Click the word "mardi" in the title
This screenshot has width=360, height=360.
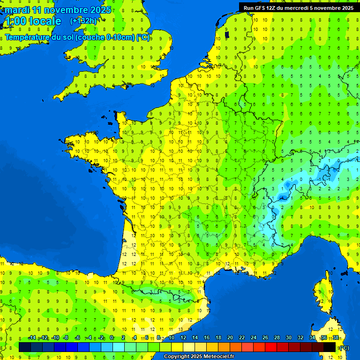(x=18, y=10)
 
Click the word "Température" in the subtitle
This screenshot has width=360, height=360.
(x=29, y=37)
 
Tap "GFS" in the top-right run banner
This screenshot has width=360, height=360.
(x=262, y=7)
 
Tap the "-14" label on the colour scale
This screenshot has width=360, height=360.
(x=32, y=337)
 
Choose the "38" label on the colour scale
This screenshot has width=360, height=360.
(x=336, y=337)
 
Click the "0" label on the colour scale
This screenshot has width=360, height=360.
(x=112, y=337)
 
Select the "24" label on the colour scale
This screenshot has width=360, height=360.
(x=254, y=337)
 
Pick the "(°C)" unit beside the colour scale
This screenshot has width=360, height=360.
(x=344, y=347)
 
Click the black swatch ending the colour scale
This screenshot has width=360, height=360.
(x=330, y=347)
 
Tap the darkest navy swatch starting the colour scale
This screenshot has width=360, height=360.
(x=25, y=347)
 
